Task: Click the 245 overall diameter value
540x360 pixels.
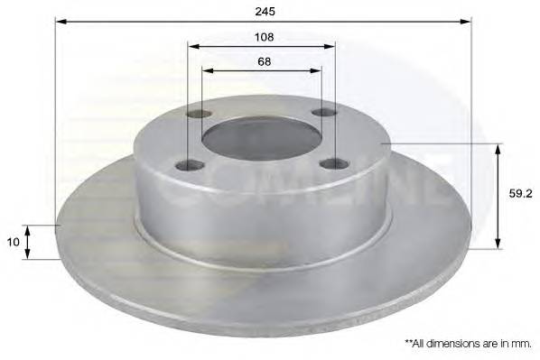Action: pos(265,11)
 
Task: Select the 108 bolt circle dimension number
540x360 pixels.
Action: pos(264,37)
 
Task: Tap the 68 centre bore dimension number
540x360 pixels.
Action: pos(264,61)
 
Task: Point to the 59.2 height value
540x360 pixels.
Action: pos(518,192)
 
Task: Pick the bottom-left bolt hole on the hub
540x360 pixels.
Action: pos(188,164)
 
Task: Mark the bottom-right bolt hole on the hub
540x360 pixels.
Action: pos(333,163)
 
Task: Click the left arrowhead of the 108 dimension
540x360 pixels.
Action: pos(193,46)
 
